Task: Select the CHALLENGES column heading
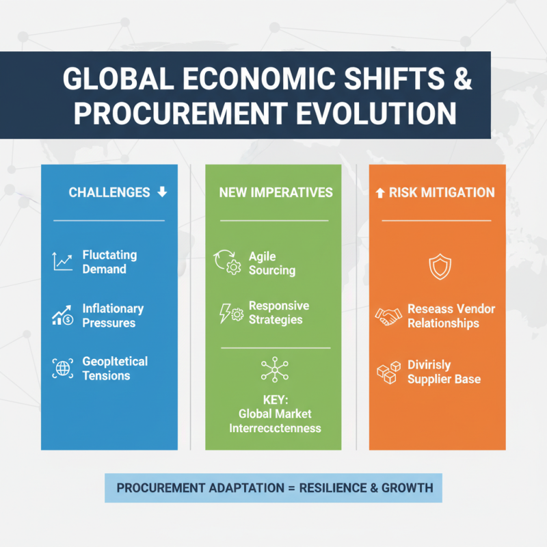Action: click(x=109, y=193)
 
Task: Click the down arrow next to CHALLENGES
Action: click(x=162, y=192)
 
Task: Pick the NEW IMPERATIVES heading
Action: click(x=276, y=193)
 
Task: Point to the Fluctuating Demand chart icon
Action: click(x=62, y=261)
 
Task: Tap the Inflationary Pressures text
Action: click(x=113, y=316)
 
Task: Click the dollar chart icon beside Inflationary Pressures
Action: click(x=62, y=316)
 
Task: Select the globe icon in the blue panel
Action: click(x=62, y=368)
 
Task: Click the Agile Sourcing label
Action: click(x=272, y=263)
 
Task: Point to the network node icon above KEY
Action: click(x=275, y=370)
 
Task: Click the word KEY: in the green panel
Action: click(x=275, y=399)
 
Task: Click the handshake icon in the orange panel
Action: click(x=389, y=315)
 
